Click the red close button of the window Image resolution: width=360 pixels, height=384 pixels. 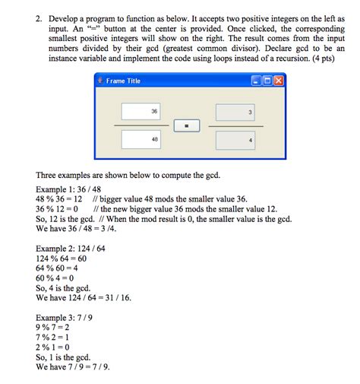point(278,81)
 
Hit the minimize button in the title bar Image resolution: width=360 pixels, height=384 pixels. point(256,81)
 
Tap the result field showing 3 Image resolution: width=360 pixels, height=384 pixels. point(235,112)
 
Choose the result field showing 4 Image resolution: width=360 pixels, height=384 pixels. point(235,141)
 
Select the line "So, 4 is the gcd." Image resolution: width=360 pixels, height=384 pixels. point(64,287)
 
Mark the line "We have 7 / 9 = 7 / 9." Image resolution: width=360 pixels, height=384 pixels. point(73,366)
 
